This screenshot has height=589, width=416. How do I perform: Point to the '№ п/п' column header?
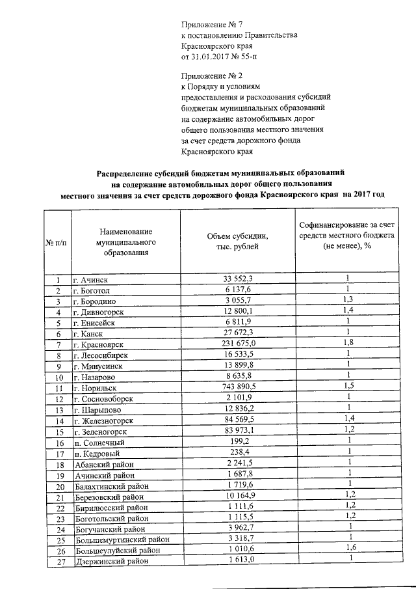click(x=57, y=242)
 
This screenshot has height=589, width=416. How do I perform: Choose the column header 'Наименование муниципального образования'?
click(x=127, y=241)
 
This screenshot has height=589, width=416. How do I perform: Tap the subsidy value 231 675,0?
click(x=235, y=344)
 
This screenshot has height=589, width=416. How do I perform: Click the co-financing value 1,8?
click(x=348, y=343)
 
